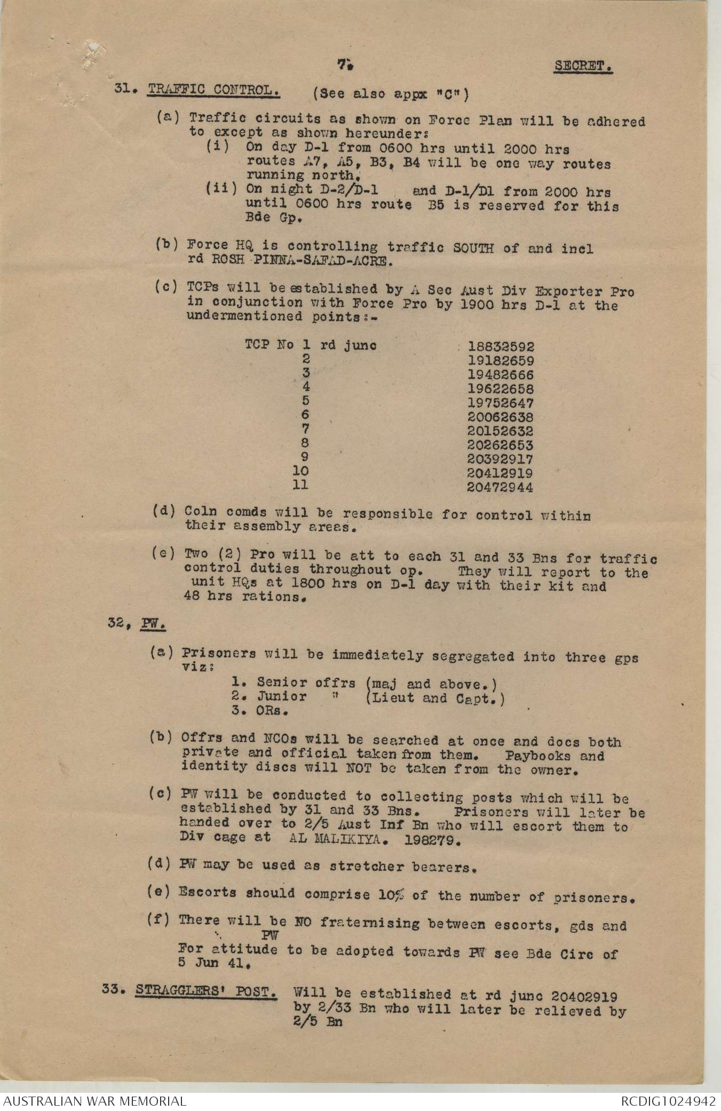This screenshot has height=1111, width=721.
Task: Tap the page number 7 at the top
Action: click(x=344, y=65)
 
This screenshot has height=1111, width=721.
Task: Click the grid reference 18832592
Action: click(x=500, y=347)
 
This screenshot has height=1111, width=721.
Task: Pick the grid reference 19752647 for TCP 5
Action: click(x=500, y=403)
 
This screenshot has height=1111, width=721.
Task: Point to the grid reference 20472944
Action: click(x=500, y=487)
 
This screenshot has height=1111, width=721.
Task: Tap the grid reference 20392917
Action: click(x=500, y=459)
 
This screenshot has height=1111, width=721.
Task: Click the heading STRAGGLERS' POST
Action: click(x=205, y=991)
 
